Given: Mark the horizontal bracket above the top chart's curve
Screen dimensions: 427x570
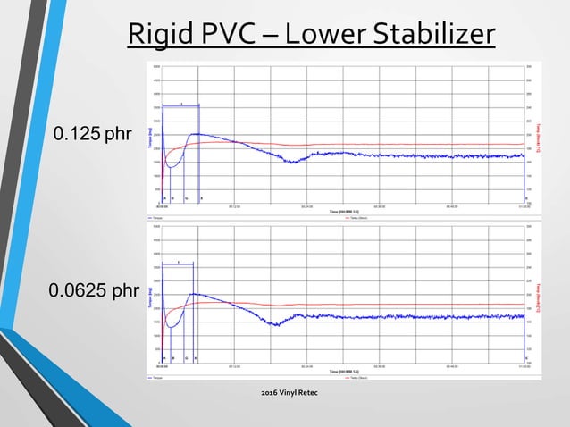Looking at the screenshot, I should pos(181,106).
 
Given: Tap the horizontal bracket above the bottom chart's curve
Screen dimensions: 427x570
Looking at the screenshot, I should pos(179,265).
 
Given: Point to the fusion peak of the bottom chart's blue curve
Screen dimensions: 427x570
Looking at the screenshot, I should pos(192,294).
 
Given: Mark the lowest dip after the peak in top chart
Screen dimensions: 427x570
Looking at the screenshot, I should pos(291,162).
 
